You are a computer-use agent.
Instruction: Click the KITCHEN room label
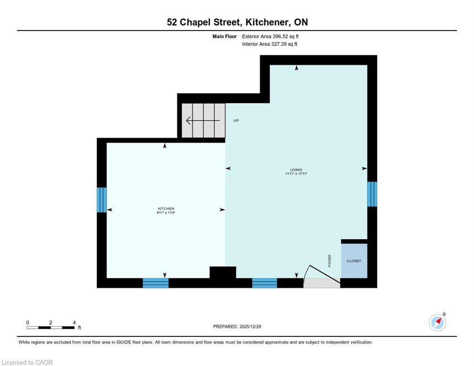point(166,209)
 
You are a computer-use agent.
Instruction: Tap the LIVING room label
point(296,170)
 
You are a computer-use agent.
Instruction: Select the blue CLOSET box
point(354,261)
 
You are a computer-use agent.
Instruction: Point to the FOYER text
point(330,260)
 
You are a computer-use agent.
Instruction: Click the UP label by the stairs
point(236,121)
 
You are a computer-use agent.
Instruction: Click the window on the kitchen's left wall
point(102,200)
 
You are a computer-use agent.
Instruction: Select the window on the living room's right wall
point(372,194)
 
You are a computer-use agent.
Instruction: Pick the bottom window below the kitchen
point(156,283)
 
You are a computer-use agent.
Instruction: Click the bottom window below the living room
point(265,283)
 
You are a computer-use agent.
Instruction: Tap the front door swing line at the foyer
point(325,276)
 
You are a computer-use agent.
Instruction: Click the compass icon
point(437,322)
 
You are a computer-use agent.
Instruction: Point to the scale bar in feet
point(51,327)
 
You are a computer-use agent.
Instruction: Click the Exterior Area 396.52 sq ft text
point(270,36)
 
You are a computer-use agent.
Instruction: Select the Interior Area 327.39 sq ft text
point(270,44)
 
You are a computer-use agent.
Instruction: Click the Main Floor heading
point(225,36)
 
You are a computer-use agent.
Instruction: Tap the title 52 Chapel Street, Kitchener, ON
point(237,22)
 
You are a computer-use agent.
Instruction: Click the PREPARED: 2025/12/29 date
point(237,326)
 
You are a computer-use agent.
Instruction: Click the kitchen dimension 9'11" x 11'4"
point(166,213)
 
